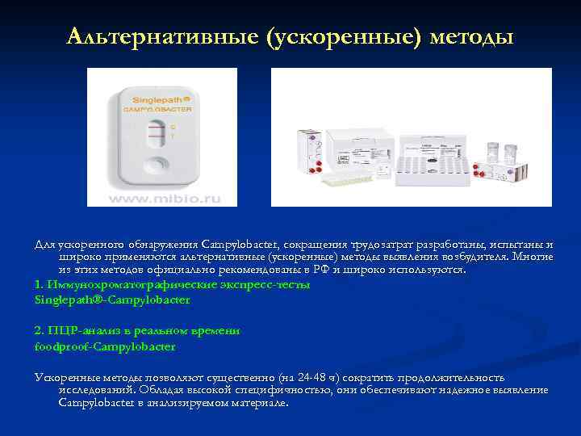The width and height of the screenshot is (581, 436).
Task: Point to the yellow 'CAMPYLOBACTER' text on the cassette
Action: (x=158, y=107)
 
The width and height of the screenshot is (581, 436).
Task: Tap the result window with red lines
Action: (x=156, y=132)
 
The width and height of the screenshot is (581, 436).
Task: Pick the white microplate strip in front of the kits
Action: (x=371, y=182)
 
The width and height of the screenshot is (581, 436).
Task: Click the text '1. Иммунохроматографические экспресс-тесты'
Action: (x=172, y=285)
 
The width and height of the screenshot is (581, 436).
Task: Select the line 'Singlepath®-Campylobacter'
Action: (x=112, y=300)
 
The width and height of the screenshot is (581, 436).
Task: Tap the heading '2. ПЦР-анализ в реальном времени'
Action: (x=137, y=330)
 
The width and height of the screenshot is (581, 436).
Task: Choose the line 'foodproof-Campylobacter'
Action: (x=105, y=346)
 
